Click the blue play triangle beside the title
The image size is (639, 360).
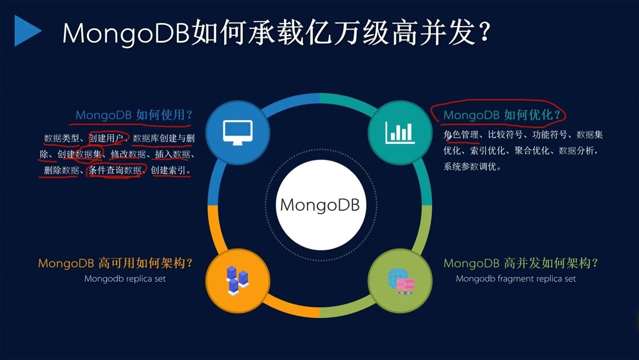point(27,31)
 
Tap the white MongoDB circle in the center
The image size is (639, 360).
point(321,205)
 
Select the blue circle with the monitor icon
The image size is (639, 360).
point(238,133)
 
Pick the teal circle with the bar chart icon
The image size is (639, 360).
point(400,133)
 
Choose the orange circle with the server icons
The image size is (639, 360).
point(238,281)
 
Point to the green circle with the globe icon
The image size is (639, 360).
point(400,281)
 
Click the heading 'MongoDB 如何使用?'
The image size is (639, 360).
point(134,115)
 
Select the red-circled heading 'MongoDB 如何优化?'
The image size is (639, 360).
point(502,115)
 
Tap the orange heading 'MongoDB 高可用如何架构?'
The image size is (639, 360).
point(115,263)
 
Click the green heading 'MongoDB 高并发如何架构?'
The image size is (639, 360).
point(521,263)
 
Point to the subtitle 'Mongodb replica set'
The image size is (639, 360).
point(125,279)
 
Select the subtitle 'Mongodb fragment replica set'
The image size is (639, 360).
point(515,279)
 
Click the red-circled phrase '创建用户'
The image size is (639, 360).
point(106,138)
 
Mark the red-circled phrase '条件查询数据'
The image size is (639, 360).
point(115,170)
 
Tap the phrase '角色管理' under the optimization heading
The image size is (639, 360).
point(461,134)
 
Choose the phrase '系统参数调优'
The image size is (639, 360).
point(470,166)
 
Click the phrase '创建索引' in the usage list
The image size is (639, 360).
point(168,170)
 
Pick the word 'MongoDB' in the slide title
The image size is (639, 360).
point(126,33)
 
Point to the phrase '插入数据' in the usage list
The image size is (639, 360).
point(172,154)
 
